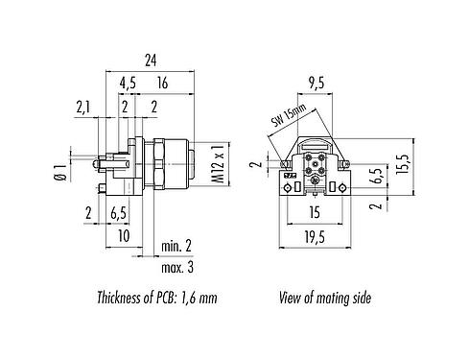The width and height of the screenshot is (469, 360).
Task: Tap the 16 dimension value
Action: point(162,84)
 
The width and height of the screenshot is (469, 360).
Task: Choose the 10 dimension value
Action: point(124,235)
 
